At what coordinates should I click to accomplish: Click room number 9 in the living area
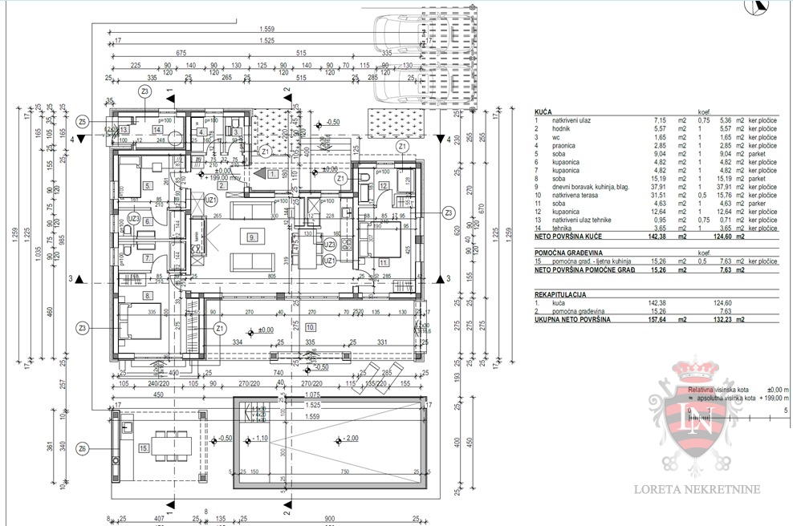click(251, 237)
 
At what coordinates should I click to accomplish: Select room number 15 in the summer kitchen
click(144, 447)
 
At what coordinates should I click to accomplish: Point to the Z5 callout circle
click(83, 122)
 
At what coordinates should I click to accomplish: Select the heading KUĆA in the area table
click(543, 111)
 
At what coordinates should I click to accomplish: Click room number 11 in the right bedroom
click(384, 262)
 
